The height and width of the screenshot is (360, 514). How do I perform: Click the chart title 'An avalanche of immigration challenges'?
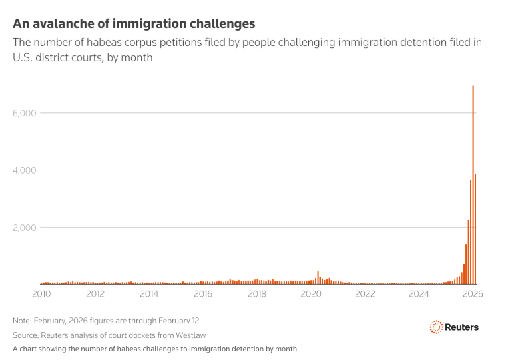coord(134,24)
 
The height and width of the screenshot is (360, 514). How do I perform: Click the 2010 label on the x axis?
coord(41,293)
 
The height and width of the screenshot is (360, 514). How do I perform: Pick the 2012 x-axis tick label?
coord(95,293)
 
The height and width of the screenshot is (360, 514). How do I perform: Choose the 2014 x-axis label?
coord(149,293)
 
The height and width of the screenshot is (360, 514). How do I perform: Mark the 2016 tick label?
coord(203,293)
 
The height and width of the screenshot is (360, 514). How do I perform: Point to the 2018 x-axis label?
coord(257,293)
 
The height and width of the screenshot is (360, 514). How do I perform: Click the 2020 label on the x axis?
coord(311,293)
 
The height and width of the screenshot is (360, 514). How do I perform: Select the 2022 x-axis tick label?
coord(365,293)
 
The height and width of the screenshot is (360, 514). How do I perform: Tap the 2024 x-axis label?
coord(419,293)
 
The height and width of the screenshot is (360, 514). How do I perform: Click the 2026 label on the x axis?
coord(472,293)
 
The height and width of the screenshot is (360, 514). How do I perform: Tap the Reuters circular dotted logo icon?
coord(437,327)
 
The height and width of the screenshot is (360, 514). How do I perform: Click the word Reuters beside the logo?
coord(463,327)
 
